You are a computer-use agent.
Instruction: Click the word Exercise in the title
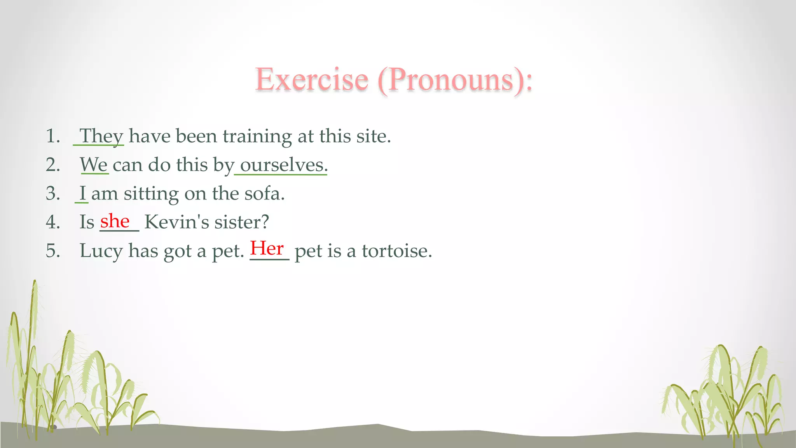[312, 80]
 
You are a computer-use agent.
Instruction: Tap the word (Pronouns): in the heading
[455, 80]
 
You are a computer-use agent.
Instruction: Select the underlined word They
[101, 136]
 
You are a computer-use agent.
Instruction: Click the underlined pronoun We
[94, 165]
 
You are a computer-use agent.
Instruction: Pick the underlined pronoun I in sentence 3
[82, 193]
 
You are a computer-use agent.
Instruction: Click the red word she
[115, 221]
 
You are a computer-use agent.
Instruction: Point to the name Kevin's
[176, 222]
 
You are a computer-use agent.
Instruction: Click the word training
[257, 136]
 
